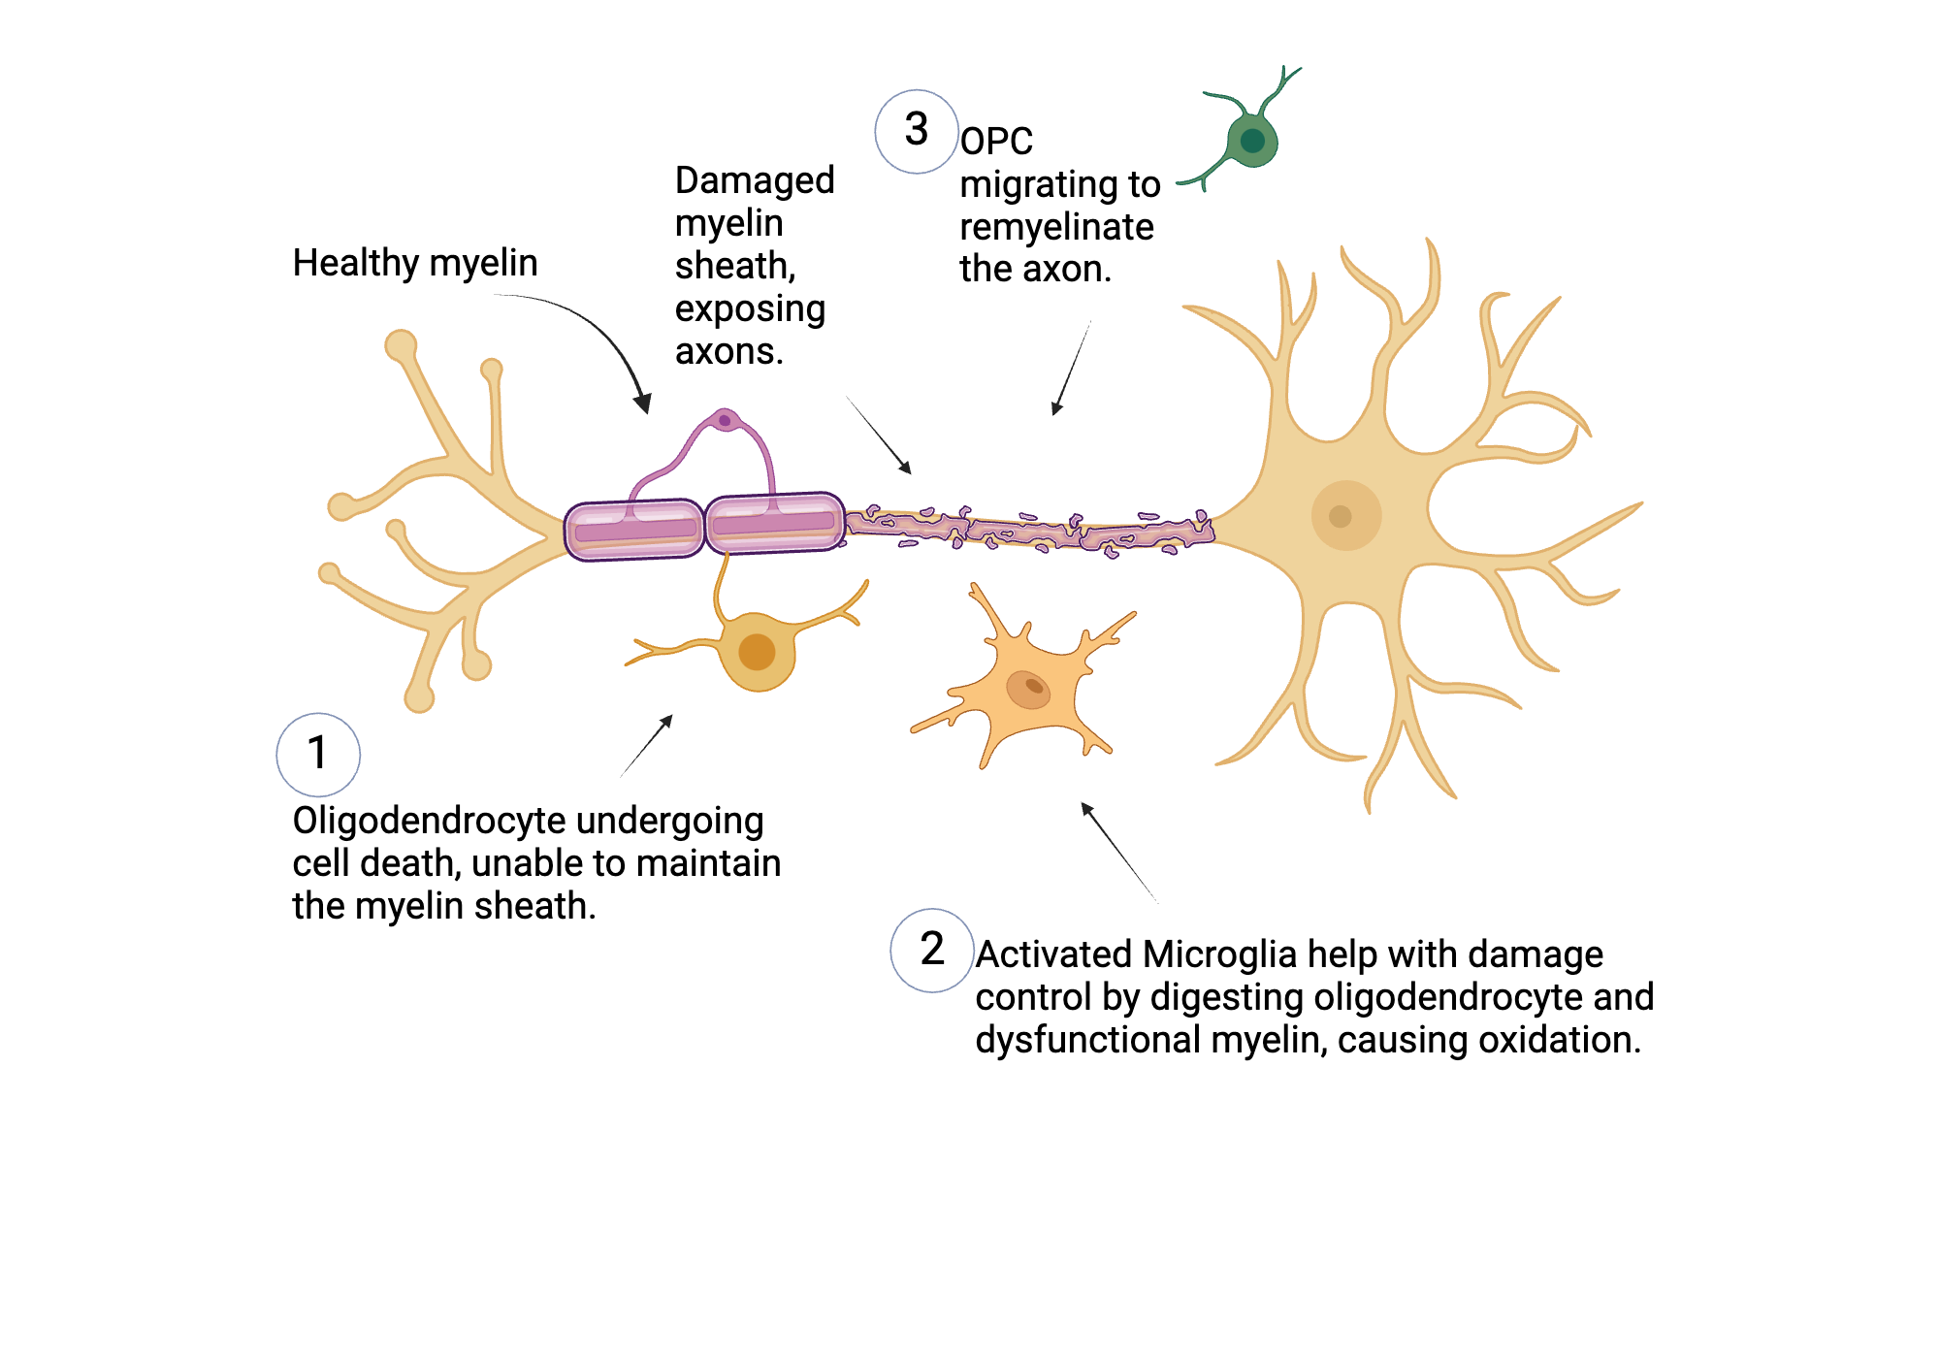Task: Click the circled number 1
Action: click(318, 754)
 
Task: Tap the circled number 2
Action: click(932, 950)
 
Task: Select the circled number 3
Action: click(917, 130)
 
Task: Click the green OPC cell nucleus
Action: click(1252, 141)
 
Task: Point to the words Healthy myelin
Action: click(414, 263)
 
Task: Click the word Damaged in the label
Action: click(754, 180)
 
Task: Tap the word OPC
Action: click(996, 142)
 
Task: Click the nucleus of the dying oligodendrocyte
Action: click(757, 652)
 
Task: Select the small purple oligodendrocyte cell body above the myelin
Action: click(724, 420)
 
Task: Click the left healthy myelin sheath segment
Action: click(634, 530)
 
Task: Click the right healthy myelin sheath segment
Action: click(774, 524)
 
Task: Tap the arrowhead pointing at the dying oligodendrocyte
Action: click(666, 721)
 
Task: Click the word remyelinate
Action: click(1056, 227)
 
